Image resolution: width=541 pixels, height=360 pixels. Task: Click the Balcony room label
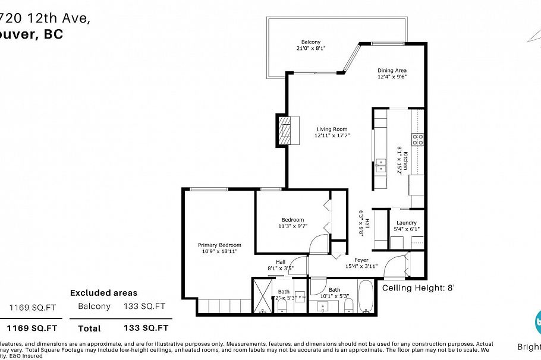[310, 42]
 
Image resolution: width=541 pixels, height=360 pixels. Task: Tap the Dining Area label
[392, 70]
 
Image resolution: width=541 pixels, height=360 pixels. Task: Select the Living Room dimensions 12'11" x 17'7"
[332, 135]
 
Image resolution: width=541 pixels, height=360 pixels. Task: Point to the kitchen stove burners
[419, 140]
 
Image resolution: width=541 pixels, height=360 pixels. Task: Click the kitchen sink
[380, 165]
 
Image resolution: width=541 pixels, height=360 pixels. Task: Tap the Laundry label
[406, 223]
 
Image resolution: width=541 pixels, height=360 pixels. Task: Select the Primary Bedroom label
[219, 245]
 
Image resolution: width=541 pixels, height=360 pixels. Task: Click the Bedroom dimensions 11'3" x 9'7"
[292, 226]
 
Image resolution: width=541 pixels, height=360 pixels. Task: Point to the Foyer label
[361, 260]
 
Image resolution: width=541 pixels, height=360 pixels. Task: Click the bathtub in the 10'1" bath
[366, 298]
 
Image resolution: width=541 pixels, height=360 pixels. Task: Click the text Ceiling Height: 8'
[418, 288]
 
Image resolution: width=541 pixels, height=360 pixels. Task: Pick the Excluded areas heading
[103, 293]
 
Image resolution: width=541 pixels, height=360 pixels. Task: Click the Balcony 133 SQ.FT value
[144, 307]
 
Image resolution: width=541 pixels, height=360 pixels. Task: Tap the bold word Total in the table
[89, 328]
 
